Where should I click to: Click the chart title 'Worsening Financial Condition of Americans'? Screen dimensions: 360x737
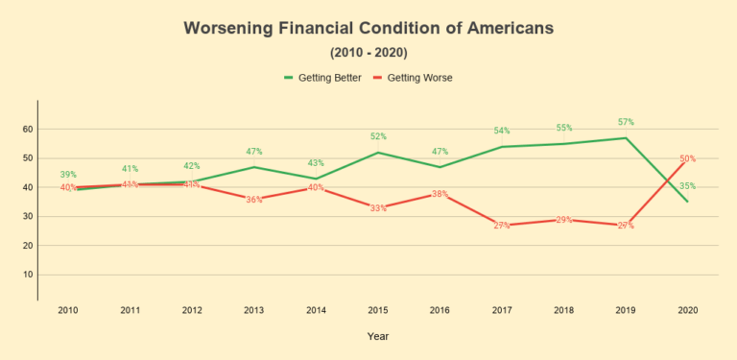click(x=368, y=29)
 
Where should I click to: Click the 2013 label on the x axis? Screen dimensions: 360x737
click(x=253, y=311)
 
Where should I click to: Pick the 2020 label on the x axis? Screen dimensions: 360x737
click(x=687, y=311)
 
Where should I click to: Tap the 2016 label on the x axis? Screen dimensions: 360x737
click(x=440, y=311)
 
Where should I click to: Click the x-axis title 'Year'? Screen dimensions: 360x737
click(x=376, y=337)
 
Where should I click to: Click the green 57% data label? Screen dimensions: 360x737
click(x=626, y=123)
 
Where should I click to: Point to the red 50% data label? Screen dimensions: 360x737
click(x=687, y=158)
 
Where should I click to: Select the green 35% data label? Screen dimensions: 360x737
click(x=687, y=186)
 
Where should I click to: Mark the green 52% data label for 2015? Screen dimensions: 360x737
click(x=378, y=137)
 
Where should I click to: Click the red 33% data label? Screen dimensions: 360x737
click(x=378, y=208)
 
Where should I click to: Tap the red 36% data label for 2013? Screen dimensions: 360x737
click(x=253, y=200)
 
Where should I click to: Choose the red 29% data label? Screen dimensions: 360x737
click(x=564, y=220)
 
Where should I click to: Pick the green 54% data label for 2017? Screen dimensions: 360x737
click(x=502, y=132)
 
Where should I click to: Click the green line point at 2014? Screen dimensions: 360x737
click(x=316, y=178)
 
